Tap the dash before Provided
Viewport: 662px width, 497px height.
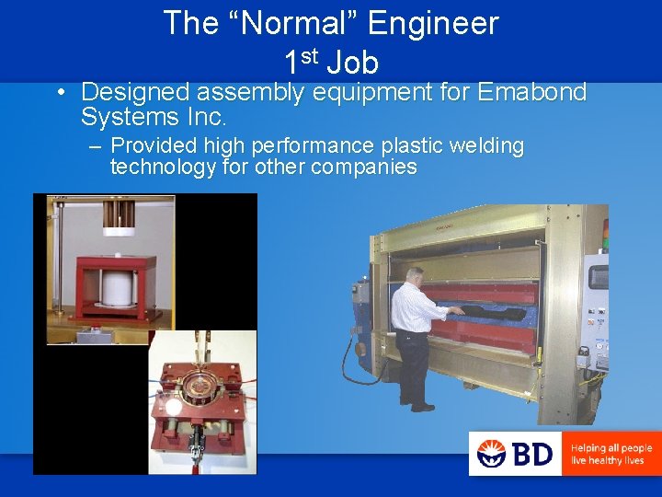pos(95,146)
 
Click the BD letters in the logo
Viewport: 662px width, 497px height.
pos(532,454)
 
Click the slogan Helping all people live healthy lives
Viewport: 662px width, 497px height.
pos(611,454)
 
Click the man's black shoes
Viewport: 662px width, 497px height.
pos(420,406)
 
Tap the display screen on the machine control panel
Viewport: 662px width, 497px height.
pos(599,277)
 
